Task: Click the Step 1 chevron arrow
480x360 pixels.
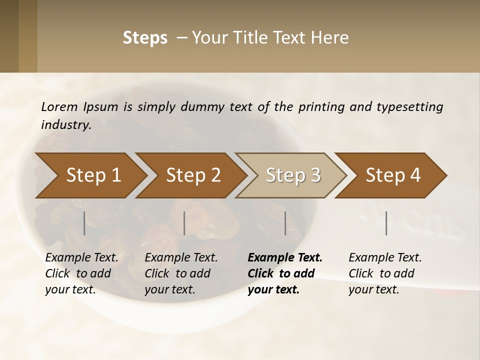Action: pyautogui.click(x=92, y=175)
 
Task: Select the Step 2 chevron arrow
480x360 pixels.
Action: pyautogui.click(x=192, y=175)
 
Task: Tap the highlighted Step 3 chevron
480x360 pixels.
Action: pyautogui.click(x=292, y=175)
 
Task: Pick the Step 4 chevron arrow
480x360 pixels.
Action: pyautogui.click(x=392, y=175)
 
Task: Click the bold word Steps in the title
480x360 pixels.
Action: pyautogui.click(x=145, y=38)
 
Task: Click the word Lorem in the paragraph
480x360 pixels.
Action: pyautogui.click(x=59, y=106)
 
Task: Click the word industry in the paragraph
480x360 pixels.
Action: pyautogui.click(x=66, y=124)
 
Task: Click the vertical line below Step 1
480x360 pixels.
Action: pyautogui.click(x=84, y=223)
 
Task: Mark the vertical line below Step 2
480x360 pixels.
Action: pyautogui.click(x=184, y=223)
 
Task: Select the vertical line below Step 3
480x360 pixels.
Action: pyautogui.click(x=285, y=223)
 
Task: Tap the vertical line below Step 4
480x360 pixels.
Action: pyautogui.click(x=386, y=223)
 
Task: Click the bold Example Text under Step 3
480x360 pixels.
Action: pyautogui.click(x=285, y=258)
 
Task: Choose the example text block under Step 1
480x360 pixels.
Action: pyautogui.click(x=81, y=273)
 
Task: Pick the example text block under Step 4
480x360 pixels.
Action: pyautogui.click(x=385, y=273)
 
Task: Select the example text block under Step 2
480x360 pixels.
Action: pyautogui.click(x=181, y=273)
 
